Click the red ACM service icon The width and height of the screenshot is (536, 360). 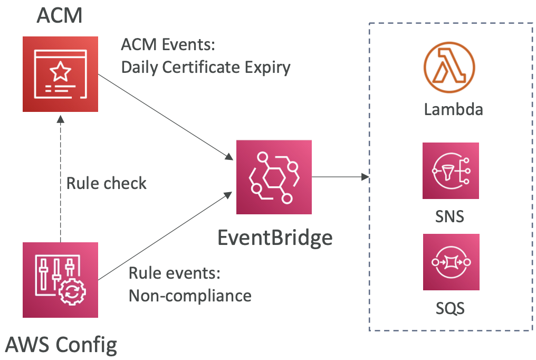click(60, 74)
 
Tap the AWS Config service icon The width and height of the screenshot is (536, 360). click(60, 280)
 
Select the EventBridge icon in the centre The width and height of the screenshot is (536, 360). click(274, 177)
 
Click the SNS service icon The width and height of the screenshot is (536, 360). click(451, 170)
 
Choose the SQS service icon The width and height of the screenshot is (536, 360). click(451, 262)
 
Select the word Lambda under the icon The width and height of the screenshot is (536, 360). click(453, 110)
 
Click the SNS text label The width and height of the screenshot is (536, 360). click(451, 216)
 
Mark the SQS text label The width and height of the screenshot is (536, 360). click(451, 307)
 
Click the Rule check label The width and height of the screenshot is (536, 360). click(107, 183)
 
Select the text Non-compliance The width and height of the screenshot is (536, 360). click(190, 295)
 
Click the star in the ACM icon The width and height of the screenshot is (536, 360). click(61, 69)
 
